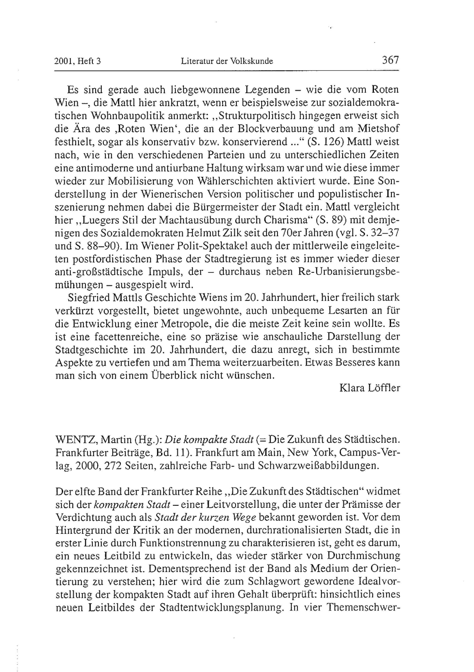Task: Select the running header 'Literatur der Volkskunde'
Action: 227,61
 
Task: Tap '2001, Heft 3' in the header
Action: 77,61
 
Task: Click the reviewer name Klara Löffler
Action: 369,388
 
